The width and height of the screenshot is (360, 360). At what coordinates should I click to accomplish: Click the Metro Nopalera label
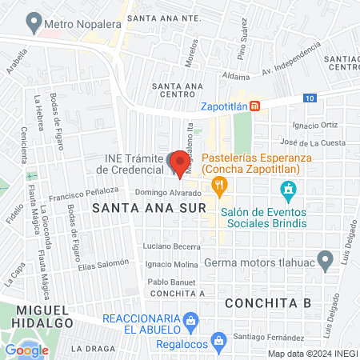click(75, 23)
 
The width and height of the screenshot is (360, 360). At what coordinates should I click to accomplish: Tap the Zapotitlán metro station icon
click(254, 106)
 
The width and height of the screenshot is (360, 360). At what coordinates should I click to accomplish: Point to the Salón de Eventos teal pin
click(288, 190)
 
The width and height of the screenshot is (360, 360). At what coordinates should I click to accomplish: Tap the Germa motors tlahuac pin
click(325, 259)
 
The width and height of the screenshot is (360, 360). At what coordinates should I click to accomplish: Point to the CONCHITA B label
click(267, 303)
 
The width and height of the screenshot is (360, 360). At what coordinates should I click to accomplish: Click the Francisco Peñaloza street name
click(83, 193)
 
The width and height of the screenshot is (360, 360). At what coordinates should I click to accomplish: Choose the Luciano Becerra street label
click(172, 246)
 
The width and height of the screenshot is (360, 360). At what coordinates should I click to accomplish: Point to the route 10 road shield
click(310, 98)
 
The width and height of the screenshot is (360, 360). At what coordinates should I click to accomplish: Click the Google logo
click(26, 350)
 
